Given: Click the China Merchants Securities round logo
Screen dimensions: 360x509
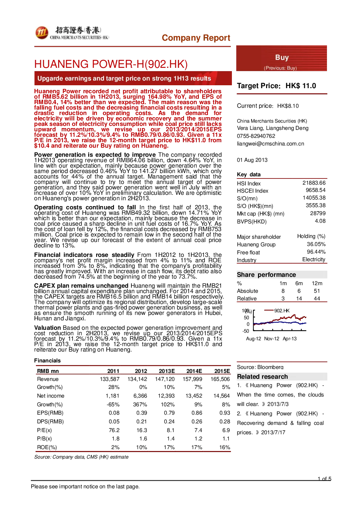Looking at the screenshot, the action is (42, 33).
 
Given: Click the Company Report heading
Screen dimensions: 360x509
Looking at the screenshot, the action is (196, 38).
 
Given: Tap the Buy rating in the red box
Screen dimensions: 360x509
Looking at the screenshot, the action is (282, 57).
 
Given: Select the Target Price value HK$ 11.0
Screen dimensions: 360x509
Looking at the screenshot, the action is (301, 86).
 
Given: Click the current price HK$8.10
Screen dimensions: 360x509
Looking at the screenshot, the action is (288, 106).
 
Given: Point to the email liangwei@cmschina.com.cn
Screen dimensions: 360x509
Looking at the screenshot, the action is (270, 144).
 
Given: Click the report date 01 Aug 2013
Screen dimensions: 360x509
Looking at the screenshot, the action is (252, 160).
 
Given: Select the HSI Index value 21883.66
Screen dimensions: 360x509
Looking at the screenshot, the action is (314, 183).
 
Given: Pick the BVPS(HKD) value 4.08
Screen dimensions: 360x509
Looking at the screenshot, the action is (320, 221).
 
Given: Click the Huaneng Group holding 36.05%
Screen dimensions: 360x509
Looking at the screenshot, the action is (316, 244).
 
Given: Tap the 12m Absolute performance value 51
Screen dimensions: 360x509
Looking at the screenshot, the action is (317, 291).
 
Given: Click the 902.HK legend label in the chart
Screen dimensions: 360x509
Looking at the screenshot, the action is (282, 311).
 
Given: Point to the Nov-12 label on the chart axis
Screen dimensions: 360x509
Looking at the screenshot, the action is (271, 338).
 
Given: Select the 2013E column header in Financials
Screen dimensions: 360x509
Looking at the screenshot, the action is (167, 371).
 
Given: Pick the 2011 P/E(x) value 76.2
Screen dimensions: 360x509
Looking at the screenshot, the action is (114, 430).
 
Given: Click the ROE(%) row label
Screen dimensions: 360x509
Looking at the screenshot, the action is (47, 447).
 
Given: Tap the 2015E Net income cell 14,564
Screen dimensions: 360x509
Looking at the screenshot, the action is (222, 395).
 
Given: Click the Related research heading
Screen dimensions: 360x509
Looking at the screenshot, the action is (262, 377).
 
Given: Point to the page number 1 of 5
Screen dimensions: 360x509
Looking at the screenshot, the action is (324, 479).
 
